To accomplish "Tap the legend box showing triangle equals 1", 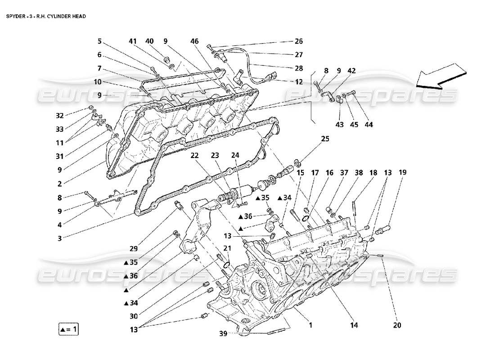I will coord(69,329).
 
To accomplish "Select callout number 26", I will coord(299,41).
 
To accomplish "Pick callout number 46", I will coord(194,41).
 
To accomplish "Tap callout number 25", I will coord(325,139).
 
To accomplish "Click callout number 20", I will coord(396,325).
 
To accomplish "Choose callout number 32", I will coord(59,115).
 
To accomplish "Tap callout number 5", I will coord(99,41).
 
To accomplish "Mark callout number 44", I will coord(369,124).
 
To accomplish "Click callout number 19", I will coord(402,172).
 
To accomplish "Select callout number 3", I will coord(59,238).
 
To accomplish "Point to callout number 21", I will coord(227,248).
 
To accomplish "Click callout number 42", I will coord(351,71).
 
